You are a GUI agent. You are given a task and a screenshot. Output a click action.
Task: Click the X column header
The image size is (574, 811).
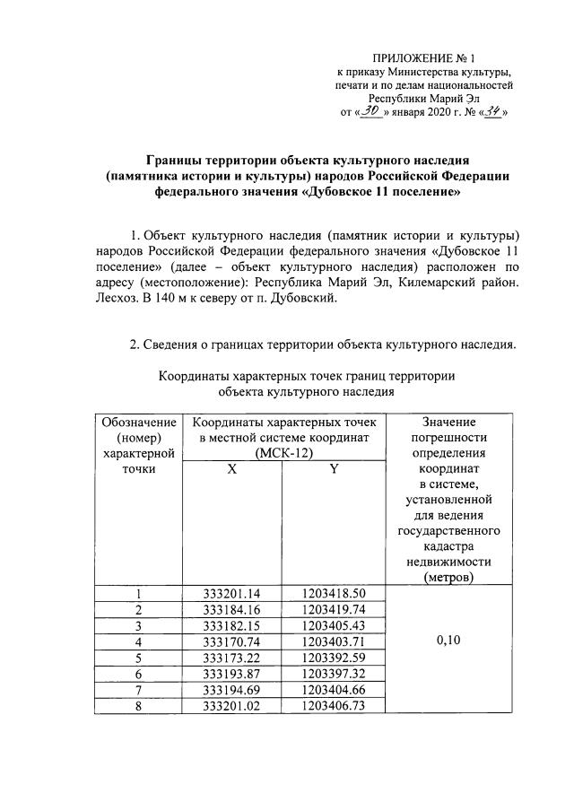(x=231, y=479)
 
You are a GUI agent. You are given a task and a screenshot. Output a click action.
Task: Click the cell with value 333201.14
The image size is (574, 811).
(x=231, y=594)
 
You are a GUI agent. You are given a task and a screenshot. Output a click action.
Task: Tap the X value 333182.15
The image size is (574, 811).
(x=231, y=625)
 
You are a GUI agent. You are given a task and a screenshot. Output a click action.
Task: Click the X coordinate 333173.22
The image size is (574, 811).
(x=231, y=657)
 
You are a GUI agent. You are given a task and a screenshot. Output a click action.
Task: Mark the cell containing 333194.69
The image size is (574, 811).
(x=231, y=688)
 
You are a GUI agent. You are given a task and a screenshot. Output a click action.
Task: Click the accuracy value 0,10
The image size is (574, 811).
(x=448, y=641)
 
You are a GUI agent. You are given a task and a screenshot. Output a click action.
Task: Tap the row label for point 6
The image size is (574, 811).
(x=138, y=673)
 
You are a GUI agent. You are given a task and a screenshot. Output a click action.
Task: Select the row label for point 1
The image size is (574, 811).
(x=138, y=594)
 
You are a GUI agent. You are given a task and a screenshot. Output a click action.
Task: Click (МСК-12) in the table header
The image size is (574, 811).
(x=283, y=455)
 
